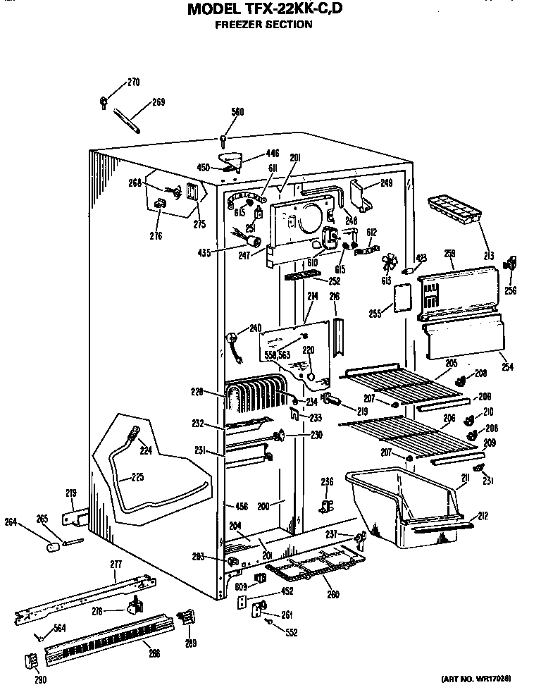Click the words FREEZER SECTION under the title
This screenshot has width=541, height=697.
point(263,25)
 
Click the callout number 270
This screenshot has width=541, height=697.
point(133,82)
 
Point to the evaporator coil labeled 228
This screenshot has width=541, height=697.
point(254,400)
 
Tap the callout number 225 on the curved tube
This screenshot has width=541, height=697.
point(137,477)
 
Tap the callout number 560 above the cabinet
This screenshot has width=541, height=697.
point(237,111)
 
